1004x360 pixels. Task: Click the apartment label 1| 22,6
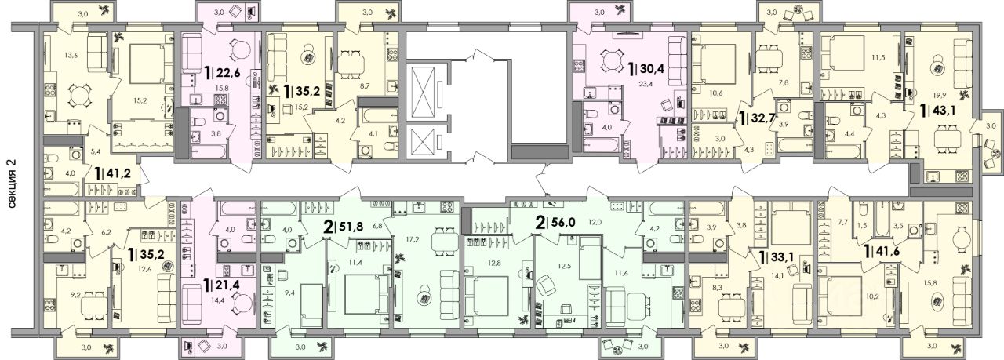[225, 72]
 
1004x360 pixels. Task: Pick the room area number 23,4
[634, 82]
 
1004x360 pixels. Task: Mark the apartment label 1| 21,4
[225, 284]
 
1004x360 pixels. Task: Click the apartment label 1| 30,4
[649, 69]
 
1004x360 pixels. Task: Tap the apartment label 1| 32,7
[761, 118]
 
